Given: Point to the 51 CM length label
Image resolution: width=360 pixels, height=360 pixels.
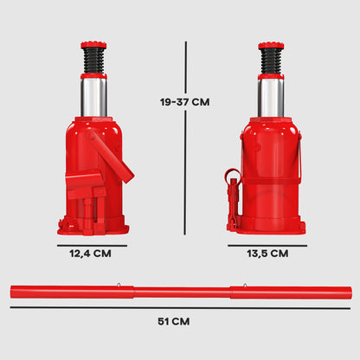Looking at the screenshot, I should pyautogui.click(x=180, y=321).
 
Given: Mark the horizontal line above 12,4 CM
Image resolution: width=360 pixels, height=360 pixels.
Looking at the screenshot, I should pyautogui.click(x=93, y=244).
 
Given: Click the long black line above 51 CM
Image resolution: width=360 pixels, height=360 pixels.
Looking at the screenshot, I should pyautogui.click(x=180, y=307).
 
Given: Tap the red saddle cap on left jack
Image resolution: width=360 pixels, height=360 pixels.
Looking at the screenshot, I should pyautogui.click(x=93, y=45).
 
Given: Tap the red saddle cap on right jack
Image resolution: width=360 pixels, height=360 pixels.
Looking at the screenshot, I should pyautogui.click(x=271, y=45).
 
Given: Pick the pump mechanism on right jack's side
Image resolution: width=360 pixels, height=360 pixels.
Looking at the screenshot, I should pyautogui.click(x=232, y=195).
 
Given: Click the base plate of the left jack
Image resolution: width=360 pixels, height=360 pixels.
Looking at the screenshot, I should pyautogui.click(x=93, y=228).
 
